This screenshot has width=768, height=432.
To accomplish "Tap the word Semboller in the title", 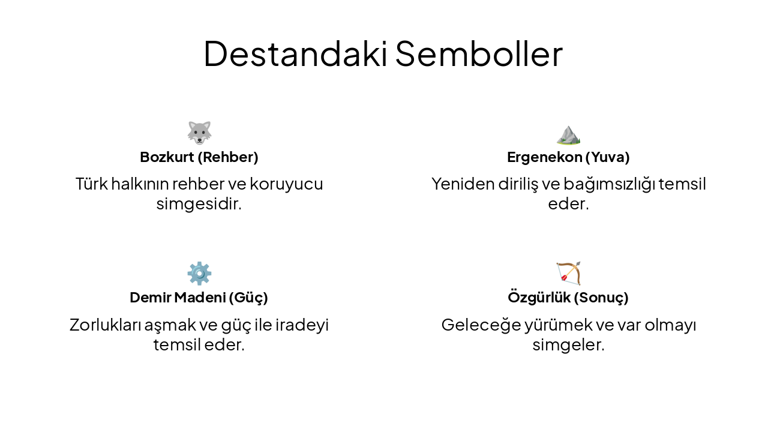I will [479, 53].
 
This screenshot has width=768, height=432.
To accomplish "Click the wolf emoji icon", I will [199, 133].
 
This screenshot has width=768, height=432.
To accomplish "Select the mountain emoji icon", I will [568, 134].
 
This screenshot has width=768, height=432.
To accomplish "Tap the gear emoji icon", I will [199, 273].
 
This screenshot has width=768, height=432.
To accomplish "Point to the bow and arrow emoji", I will [568, 273].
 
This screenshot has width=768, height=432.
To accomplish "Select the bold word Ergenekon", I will [545, 157].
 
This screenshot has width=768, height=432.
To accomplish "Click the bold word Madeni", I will [200, 298].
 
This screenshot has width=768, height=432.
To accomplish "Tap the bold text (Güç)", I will [248, 298].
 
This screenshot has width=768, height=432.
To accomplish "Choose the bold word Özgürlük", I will [538, 298].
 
